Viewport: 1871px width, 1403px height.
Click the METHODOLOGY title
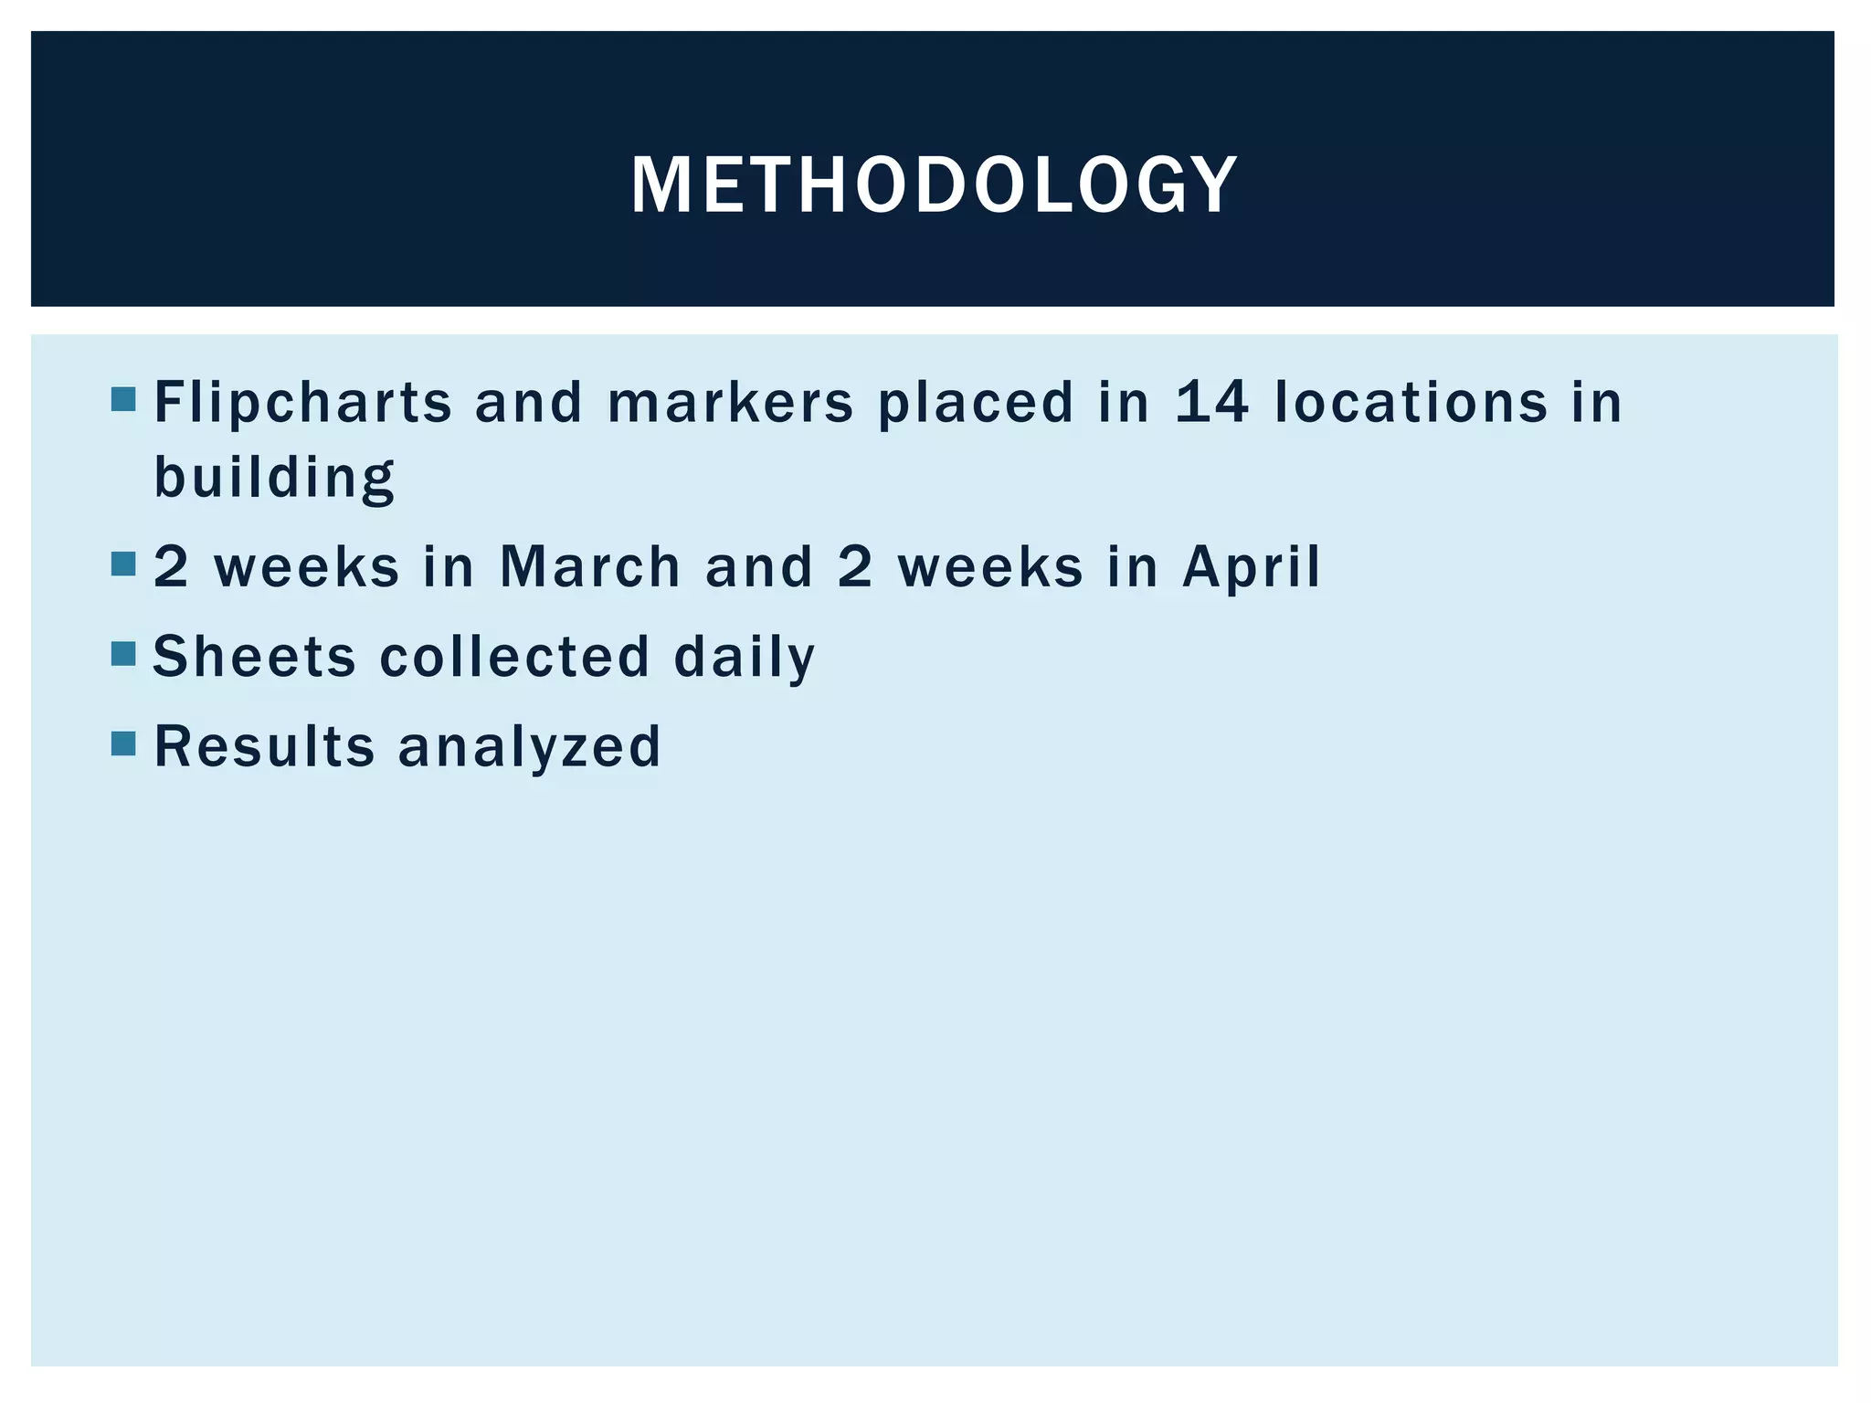(x=934, y=185)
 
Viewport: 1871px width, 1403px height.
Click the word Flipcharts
(x=302, y=403)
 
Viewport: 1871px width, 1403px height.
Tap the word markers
(x=730, y=403)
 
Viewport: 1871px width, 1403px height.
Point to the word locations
(x=1411, y=403)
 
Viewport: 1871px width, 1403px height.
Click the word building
(x=274, y=477)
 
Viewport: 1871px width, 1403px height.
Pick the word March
(x=590, y=566)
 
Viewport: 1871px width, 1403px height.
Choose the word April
(x=1251, y=568)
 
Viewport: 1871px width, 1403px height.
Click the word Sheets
(x=254, y=656)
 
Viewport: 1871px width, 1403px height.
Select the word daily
(x=744, y=658)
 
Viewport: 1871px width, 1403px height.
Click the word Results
(x=264, y=745)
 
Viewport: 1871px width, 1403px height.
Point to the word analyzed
(x=529, y=747)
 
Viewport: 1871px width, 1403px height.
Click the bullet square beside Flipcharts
(x=123, y=400)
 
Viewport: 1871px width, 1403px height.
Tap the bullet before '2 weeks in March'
(x=123, y=564)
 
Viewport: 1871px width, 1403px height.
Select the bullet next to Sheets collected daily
(x=123, y=654)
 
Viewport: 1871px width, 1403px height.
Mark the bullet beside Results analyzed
(x=123, y=744)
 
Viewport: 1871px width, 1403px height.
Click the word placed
(x=975, y=403)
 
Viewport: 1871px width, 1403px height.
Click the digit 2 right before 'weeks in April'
(x=855, y=566)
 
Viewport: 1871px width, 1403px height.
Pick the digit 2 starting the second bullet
(x=171, y=566)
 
